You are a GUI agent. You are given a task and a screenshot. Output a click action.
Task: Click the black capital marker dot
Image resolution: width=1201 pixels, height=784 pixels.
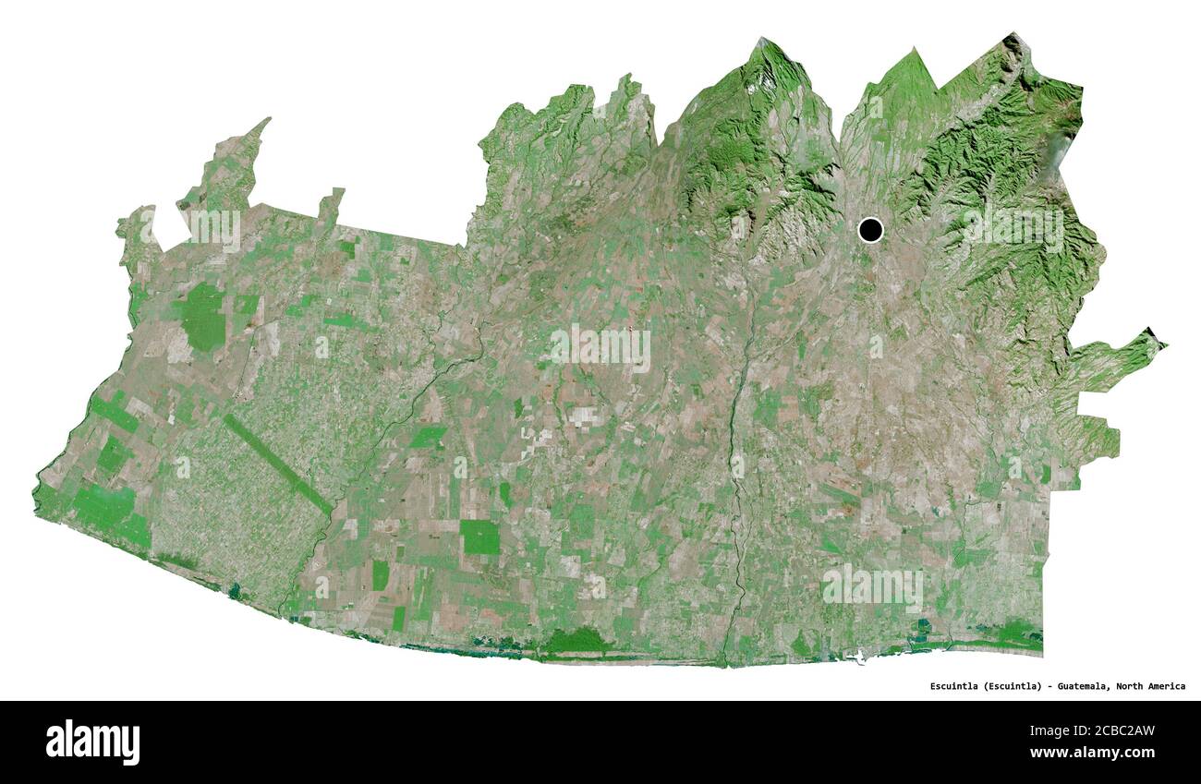869,229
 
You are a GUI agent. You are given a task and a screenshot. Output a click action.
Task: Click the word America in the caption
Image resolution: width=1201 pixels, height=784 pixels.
1168,686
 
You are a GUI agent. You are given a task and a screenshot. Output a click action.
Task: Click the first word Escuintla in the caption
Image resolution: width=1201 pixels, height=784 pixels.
952,686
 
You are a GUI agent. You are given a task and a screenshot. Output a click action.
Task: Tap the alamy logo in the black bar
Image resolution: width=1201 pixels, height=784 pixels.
92,742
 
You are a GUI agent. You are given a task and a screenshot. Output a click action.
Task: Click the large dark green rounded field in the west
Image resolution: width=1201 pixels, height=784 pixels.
202,317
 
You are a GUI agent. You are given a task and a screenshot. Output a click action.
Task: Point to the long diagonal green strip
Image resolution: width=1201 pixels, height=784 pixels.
277,464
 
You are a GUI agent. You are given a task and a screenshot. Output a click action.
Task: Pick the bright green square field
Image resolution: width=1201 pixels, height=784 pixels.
479,537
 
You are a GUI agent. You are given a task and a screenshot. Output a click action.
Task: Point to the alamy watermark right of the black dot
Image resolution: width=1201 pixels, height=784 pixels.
1013,230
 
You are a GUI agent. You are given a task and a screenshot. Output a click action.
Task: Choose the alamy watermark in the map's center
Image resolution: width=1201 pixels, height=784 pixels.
600,348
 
